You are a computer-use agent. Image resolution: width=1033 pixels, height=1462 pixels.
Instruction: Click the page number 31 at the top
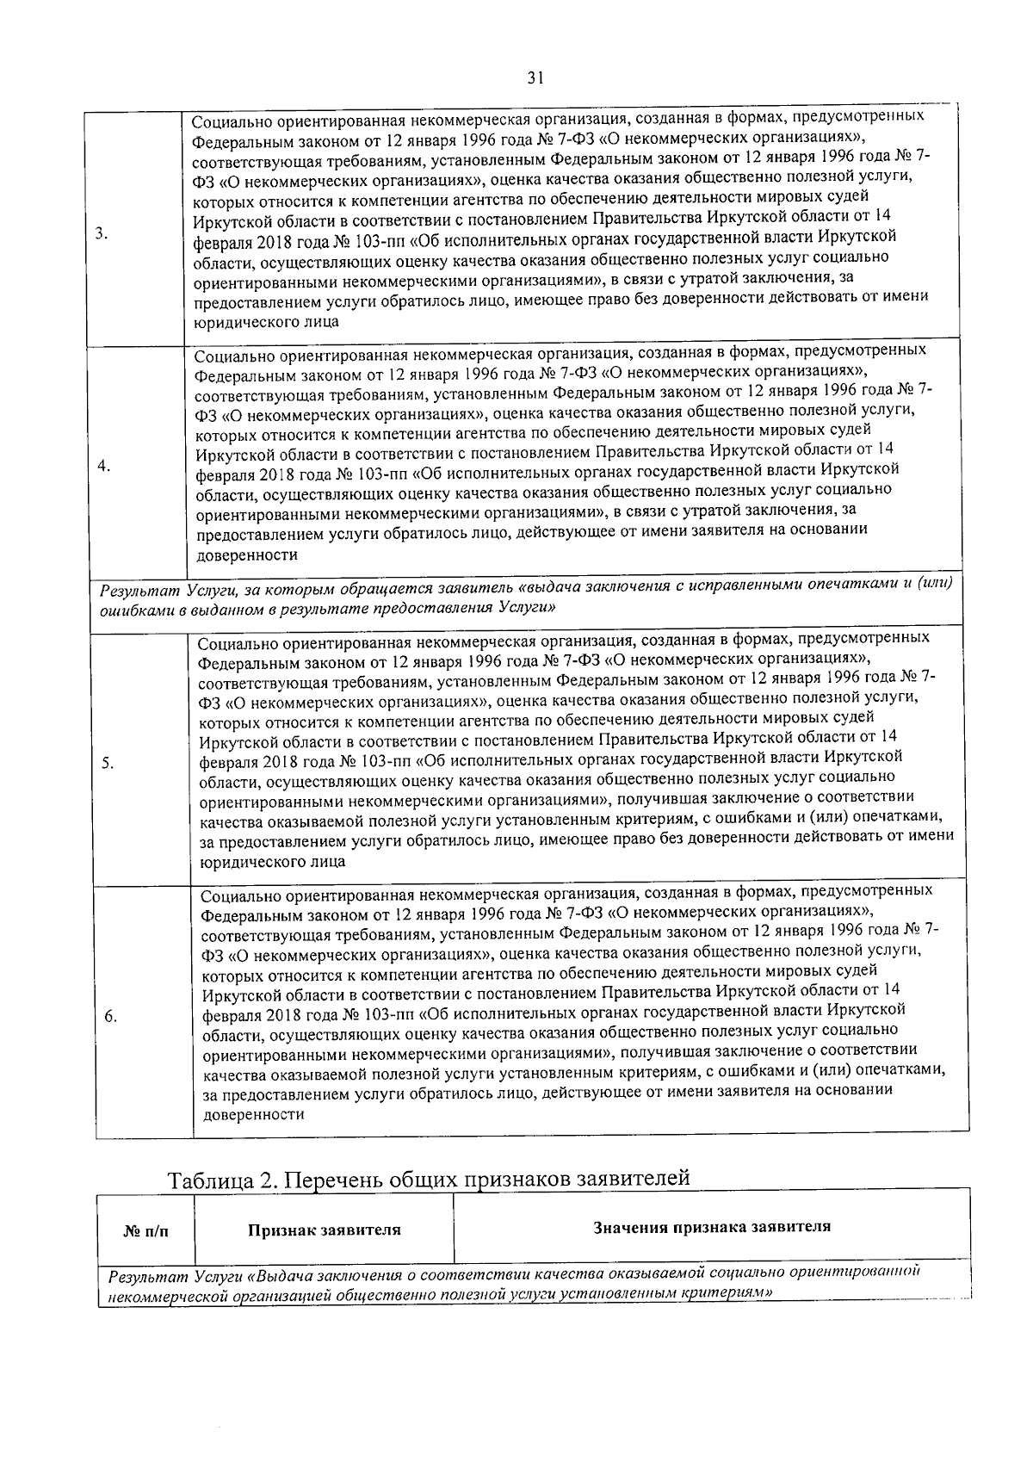point(535,78)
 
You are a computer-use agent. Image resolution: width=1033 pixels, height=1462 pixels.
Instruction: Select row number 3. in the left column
point(101,232)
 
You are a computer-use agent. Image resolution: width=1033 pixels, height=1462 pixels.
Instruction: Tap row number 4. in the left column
point(103,466)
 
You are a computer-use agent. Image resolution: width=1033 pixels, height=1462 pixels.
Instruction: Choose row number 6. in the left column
point(110,1016)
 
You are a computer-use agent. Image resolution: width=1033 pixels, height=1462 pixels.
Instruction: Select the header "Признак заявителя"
point(325,1230)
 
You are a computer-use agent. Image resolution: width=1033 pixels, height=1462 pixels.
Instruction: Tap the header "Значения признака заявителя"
point(712,1226)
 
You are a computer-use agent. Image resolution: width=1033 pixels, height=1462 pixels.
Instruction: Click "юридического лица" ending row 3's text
point(265,321)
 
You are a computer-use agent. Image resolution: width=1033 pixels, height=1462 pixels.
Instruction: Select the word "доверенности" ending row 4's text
point(246,555)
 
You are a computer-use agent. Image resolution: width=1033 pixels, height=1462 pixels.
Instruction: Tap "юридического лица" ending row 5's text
point(272,860)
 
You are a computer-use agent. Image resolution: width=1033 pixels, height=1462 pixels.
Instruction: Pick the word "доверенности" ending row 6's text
point(253,1114)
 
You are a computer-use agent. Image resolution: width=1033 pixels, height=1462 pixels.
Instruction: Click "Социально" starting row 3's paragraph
point(230,121)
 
